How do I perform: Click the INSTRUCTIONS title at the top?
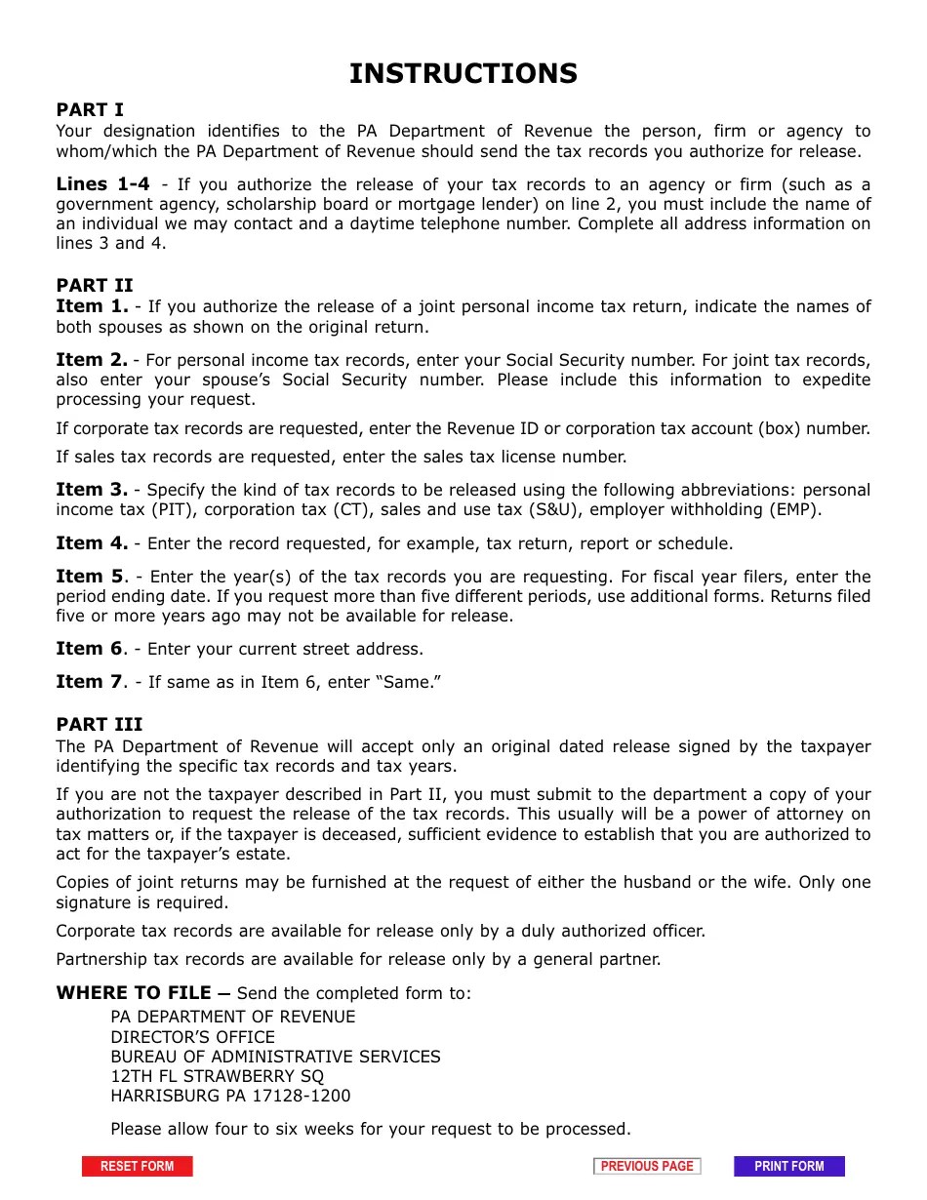(x=463, y=74)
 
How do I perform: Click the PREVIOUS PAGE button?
(x=647, y=1166)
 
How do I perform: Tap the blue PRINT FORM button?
(x=788, y=1166)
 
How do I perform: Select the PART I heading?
(x=90, y=110)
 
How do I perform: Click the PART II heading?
(x=95, y=286)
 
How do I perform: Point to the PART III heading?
(x=100, y=724)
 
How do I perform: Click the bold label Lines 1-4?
(x=102, y=184)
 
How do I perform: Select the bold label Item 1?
(x=92, y=306)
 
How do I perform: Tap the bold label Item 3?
(x=92, y=490)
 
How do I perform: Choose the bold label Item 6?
(x=90, y=649)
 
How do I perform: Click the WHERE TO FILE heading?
(x=134, y=993)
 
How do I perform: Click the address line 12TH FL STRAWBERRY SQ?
(x=218, y=1076)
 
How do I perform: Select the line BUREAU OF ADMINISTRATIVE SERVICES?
(x=275, y=1057)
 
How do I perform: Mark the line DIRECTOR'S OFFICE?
(x=192, y=1037)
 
